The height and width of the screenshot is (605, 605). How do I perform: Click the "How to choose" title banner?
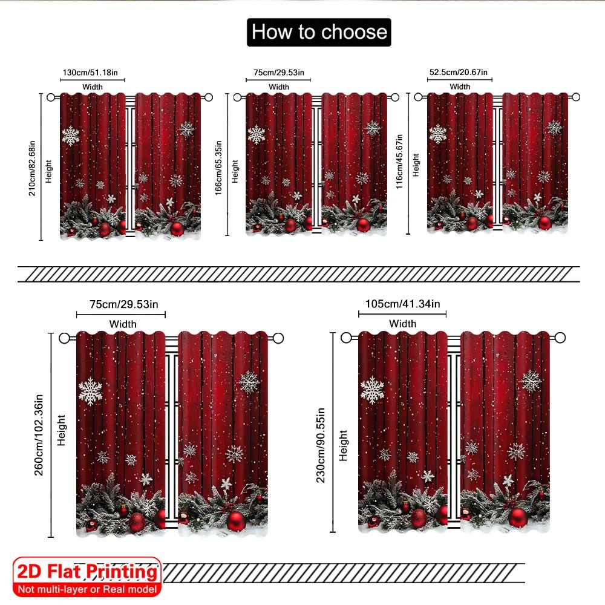coord(319,32)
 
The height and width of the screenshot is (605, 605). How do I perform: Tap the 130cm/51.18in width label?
coord(93,73)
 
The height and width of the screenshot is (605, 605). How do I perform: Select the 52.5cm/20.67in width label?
coord(460,73)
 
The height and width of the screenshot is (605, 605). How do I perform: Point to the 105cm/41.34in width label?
coord(402,304)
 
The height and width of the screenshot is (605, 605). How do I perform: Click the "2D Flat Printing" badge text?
coord(87,572)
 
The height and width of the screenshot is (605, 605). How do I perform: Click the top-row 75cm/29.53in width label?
coord(279,73)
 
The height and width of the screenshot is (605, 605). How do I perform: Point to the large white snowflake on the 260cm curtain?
coord(90,391)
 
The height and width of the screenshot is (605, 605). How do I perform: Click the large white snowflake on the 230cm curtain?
coord(372,390)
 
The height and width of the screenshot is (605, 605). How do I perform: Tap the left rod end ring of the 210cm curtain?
coord(51,97)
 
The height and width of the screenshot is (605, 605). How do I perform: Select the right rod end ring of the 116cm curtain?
coord(576,97)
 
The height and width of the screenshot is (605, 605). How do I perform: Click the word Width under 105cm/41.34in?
coord(402,324)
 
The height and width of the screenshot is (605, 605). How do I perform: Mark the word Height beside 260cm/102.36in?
coord(60,430)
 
